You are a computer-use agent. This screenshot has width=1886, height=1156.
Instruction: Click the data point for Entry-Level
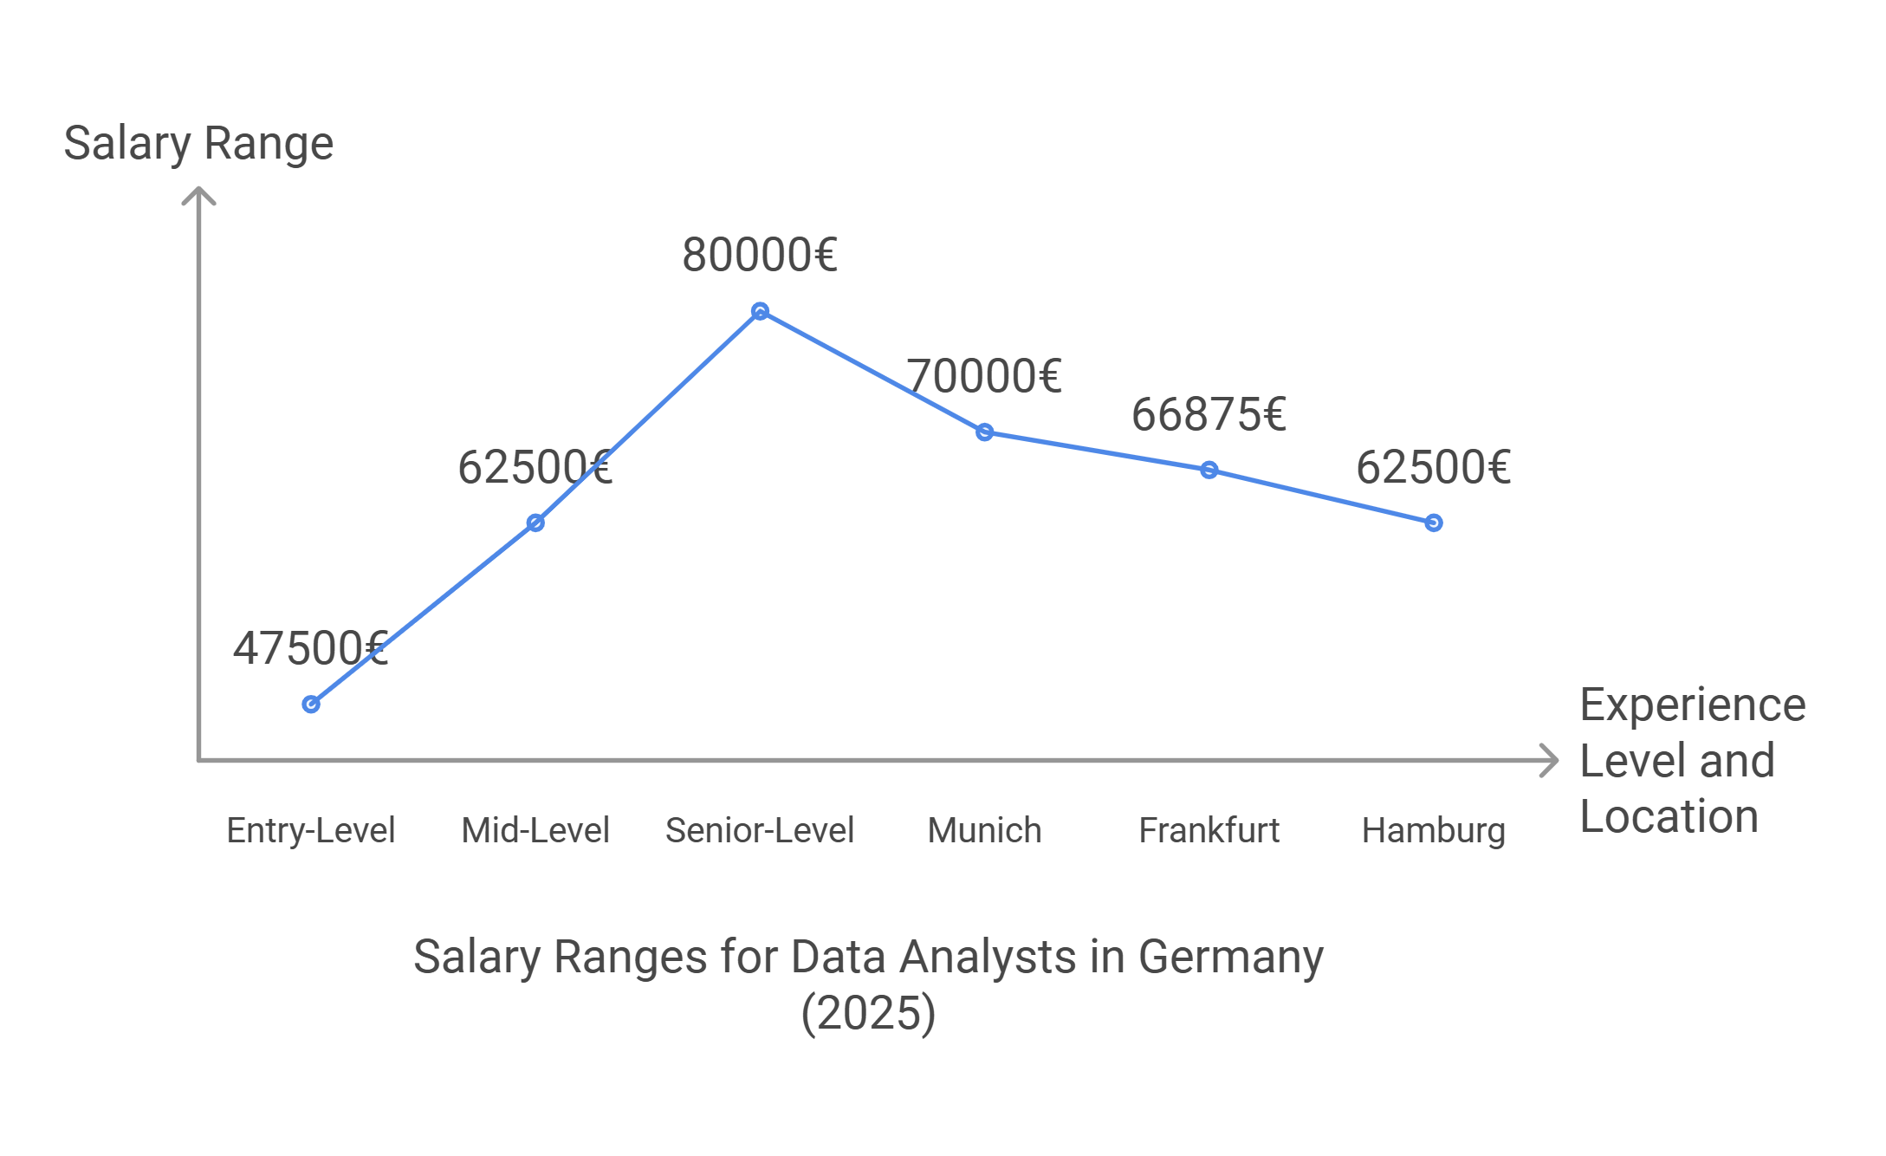click(x=311, y=705)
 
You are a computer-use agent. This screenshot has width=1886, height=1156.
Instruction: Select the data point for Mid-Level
click(x=535, y=523)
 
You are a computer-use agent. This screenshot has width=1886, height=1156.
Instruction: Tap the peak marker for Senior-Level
click(x=760, y=311)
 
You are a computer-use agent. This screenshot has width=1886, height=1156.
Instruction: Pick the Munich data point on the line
click(x=984, y=432)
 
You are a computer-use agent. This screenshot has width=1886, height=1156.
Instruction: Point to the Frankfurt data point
click(x=1209, y=470)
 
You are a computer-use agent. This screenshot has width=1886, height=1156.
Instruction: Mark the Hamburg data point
click(x=1434, y=523)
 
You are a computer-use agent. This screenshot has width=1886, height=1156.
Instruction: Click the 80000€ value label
click(x=760, y=255)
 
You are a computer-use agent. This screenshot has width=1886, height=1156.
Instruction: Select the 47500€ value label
click(x=310, y=648)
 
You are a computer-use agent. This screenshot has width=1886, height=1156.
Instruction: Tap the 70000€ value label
click(x=984, y=376)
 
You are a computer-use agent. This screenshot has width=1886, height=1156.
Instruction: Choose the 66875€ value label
click(x=1209, y=414)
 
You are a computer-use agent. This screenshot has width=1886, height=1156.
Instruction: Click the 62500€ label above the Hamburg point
click(x=1433, y=467)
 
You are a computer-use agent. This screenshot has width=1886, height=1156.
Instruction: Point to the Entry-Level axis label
click(x=310, y=830)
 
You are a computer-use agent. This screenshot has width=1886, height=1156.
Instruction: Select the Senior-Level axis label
click(x=760, y=830)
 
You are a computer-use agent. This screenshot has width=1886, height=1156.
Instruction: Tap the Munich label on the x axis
click(x=984, y=830)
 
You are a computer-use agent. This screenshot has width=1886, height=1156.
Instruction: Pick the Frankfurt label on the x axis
click(x=1209, y=830)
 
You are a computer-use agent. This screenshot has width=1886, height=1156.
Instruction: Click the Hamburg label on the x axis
click(x=1433, y=830)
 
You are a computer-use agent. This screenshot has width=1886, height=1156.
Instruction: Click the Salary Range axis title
click(x=198, y=143)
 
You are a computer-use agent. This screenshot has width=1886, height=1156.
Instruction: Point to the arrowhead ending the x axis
click(x=1551, y=761)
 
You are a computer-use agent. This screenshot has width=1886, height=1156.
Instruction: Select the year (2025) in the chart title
click(x=868, y=1013)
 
